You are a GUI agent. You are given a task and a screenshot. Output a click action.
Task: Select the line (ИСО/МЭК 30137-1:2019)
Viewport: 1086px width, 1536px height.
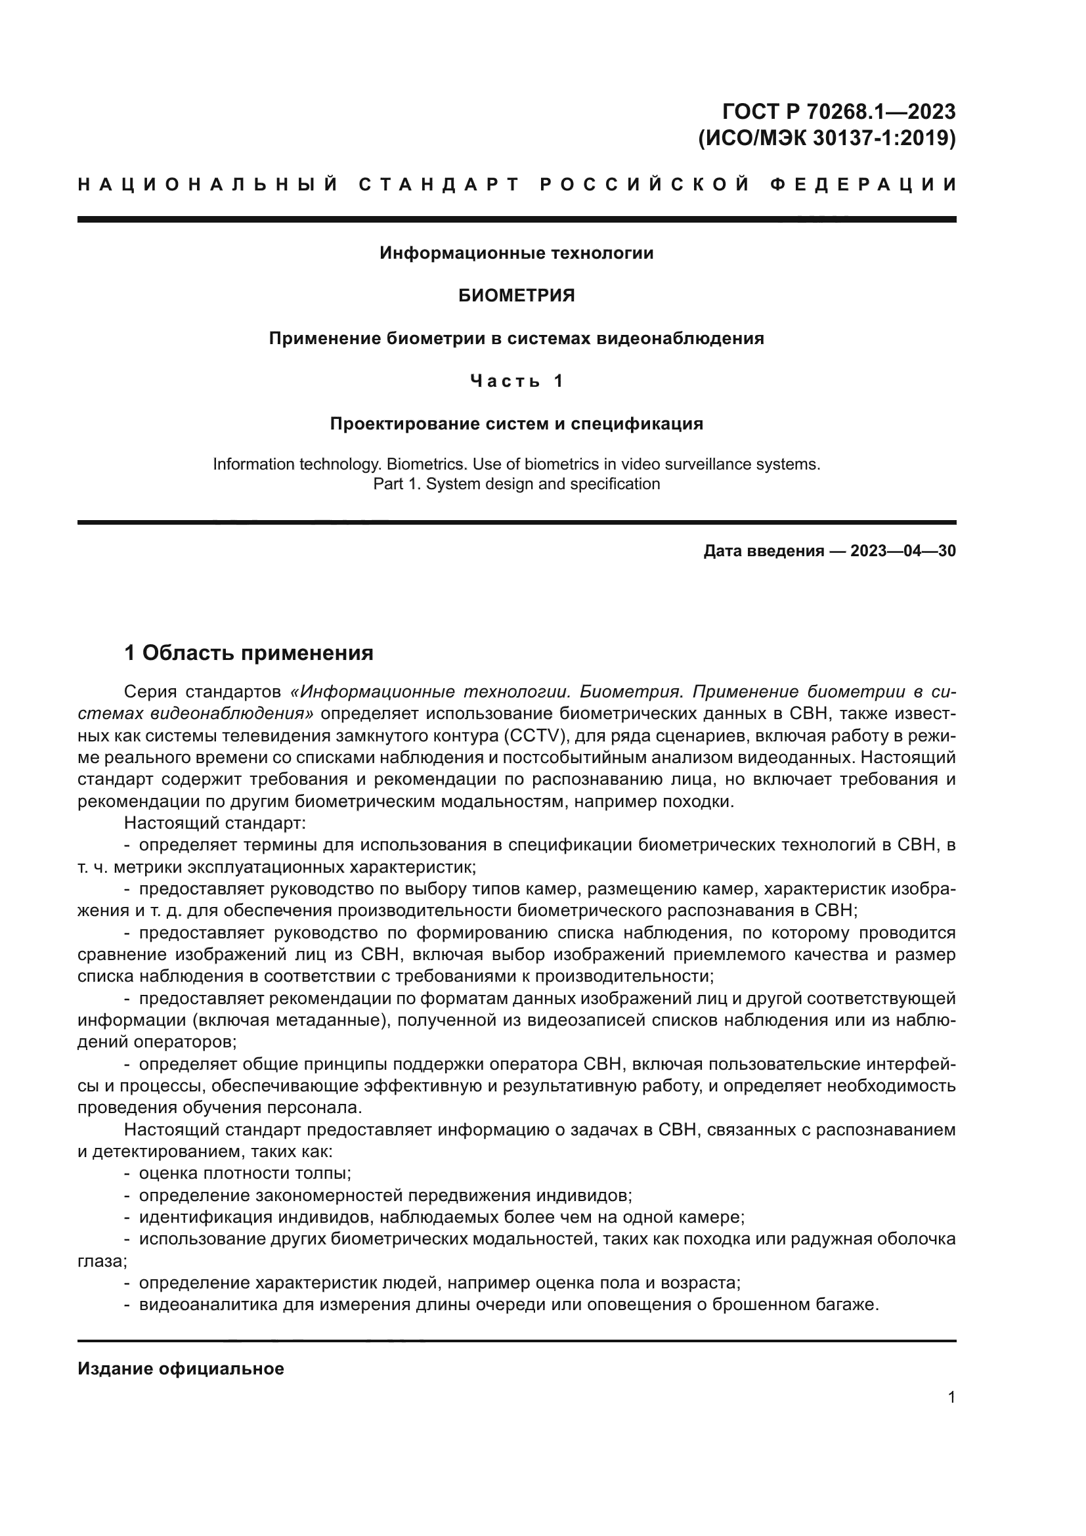click(827, 138)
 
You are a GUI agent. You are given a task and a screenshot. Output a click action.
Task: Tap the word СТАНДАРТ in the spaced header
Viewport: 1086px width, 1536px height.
click(439, 185)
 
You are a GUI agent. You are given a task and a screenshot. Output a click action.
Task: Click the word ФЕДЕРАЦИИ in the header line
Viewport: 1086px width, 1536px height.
click(863, 185)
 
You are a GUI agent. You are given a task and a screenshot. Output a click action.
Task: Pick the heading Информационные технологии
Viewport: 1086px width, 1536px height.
click(516, 253)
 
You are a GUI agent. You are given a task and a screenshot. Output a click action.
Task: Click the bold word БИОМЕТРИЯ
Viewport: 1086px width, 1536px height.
click(516, 296)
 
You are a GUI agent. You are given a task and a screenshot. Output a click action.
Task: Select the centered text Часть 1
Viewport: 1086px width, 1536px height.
click(516, 381)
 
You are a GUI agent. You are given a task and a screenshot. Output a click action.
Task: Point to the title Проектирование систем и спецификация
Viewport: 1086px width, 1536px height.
click(516, 424)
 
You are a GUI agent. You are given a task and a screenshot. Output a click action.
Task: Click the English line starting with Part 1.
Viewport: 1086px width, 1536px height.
click(516, 484)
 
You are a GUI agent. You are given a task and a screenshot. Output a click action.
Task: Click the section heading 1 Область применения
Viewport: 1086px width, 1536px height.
click(249, 653)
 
